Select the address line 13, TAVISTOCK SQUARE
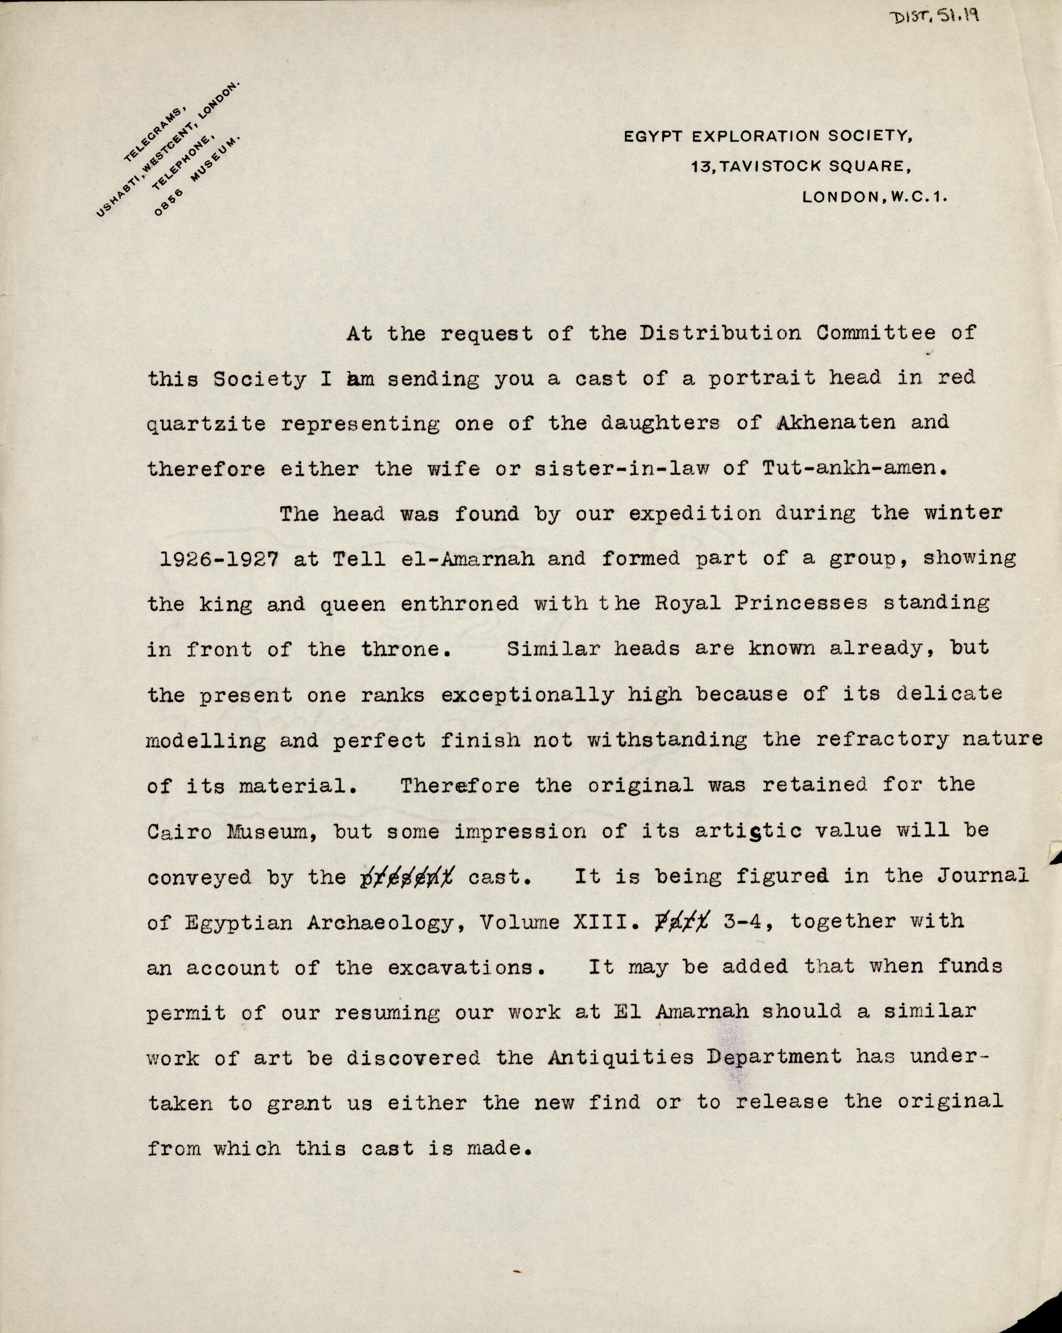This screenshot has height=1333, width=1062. pyautogui.click(x=800, y=167)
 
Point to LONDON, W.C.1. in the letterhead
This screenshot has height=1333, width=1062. pyautogui.click(x=874, y=197)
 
